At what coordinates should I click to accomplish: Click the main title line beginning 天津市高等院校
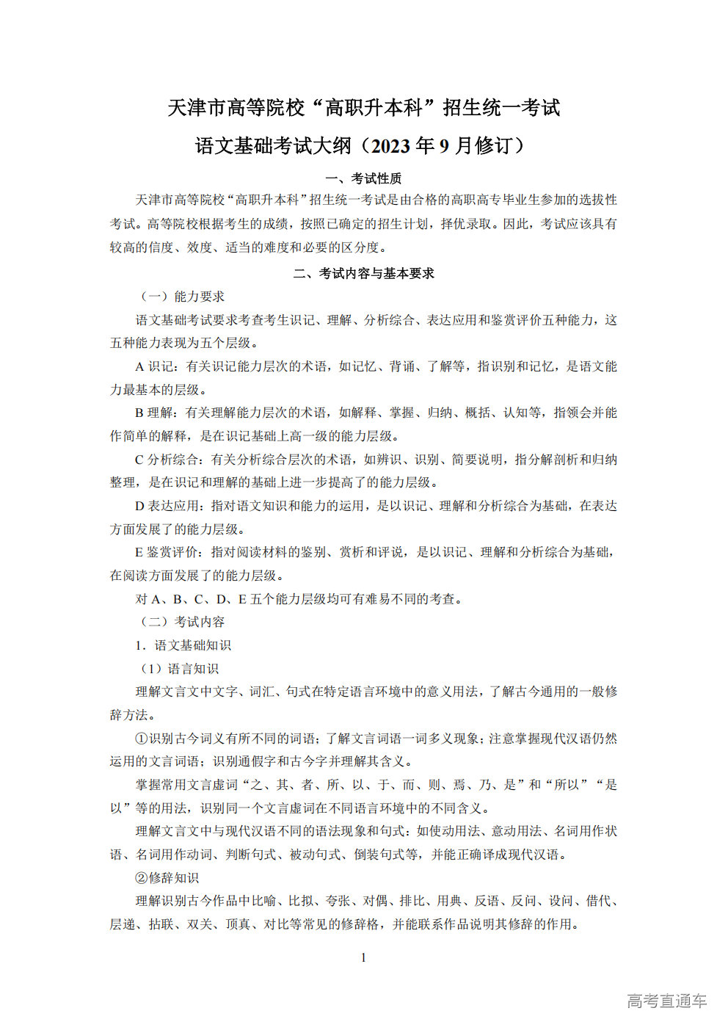363,108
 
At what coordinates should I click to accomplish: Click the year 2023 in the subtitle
391,146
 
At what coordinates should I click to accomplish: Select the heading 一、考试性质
363,178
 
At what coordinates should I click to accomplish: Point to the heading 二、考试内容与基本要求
363,273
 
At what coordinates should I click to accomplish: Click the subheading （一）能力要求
181,297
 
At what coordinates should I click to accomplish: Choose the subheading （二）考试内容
181,622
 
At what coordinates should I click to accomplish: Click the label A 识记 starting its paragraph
155,366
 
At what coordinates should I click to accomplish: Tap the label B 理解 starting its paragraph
154,413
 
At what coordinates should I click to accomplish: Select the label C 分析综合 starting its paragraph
167,460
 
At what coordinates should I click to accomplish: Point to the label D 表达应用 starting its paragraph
167,506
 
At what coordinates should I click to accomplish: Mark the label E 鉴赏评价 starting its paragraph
167,552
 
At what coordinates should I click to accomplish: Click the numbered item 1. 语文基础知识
183,645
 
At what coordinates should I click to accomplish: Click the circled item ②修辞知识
167,878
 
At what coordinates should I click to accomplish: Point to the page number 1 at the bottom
363,958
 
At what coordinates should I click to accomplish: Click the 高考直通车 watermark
666,1001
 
